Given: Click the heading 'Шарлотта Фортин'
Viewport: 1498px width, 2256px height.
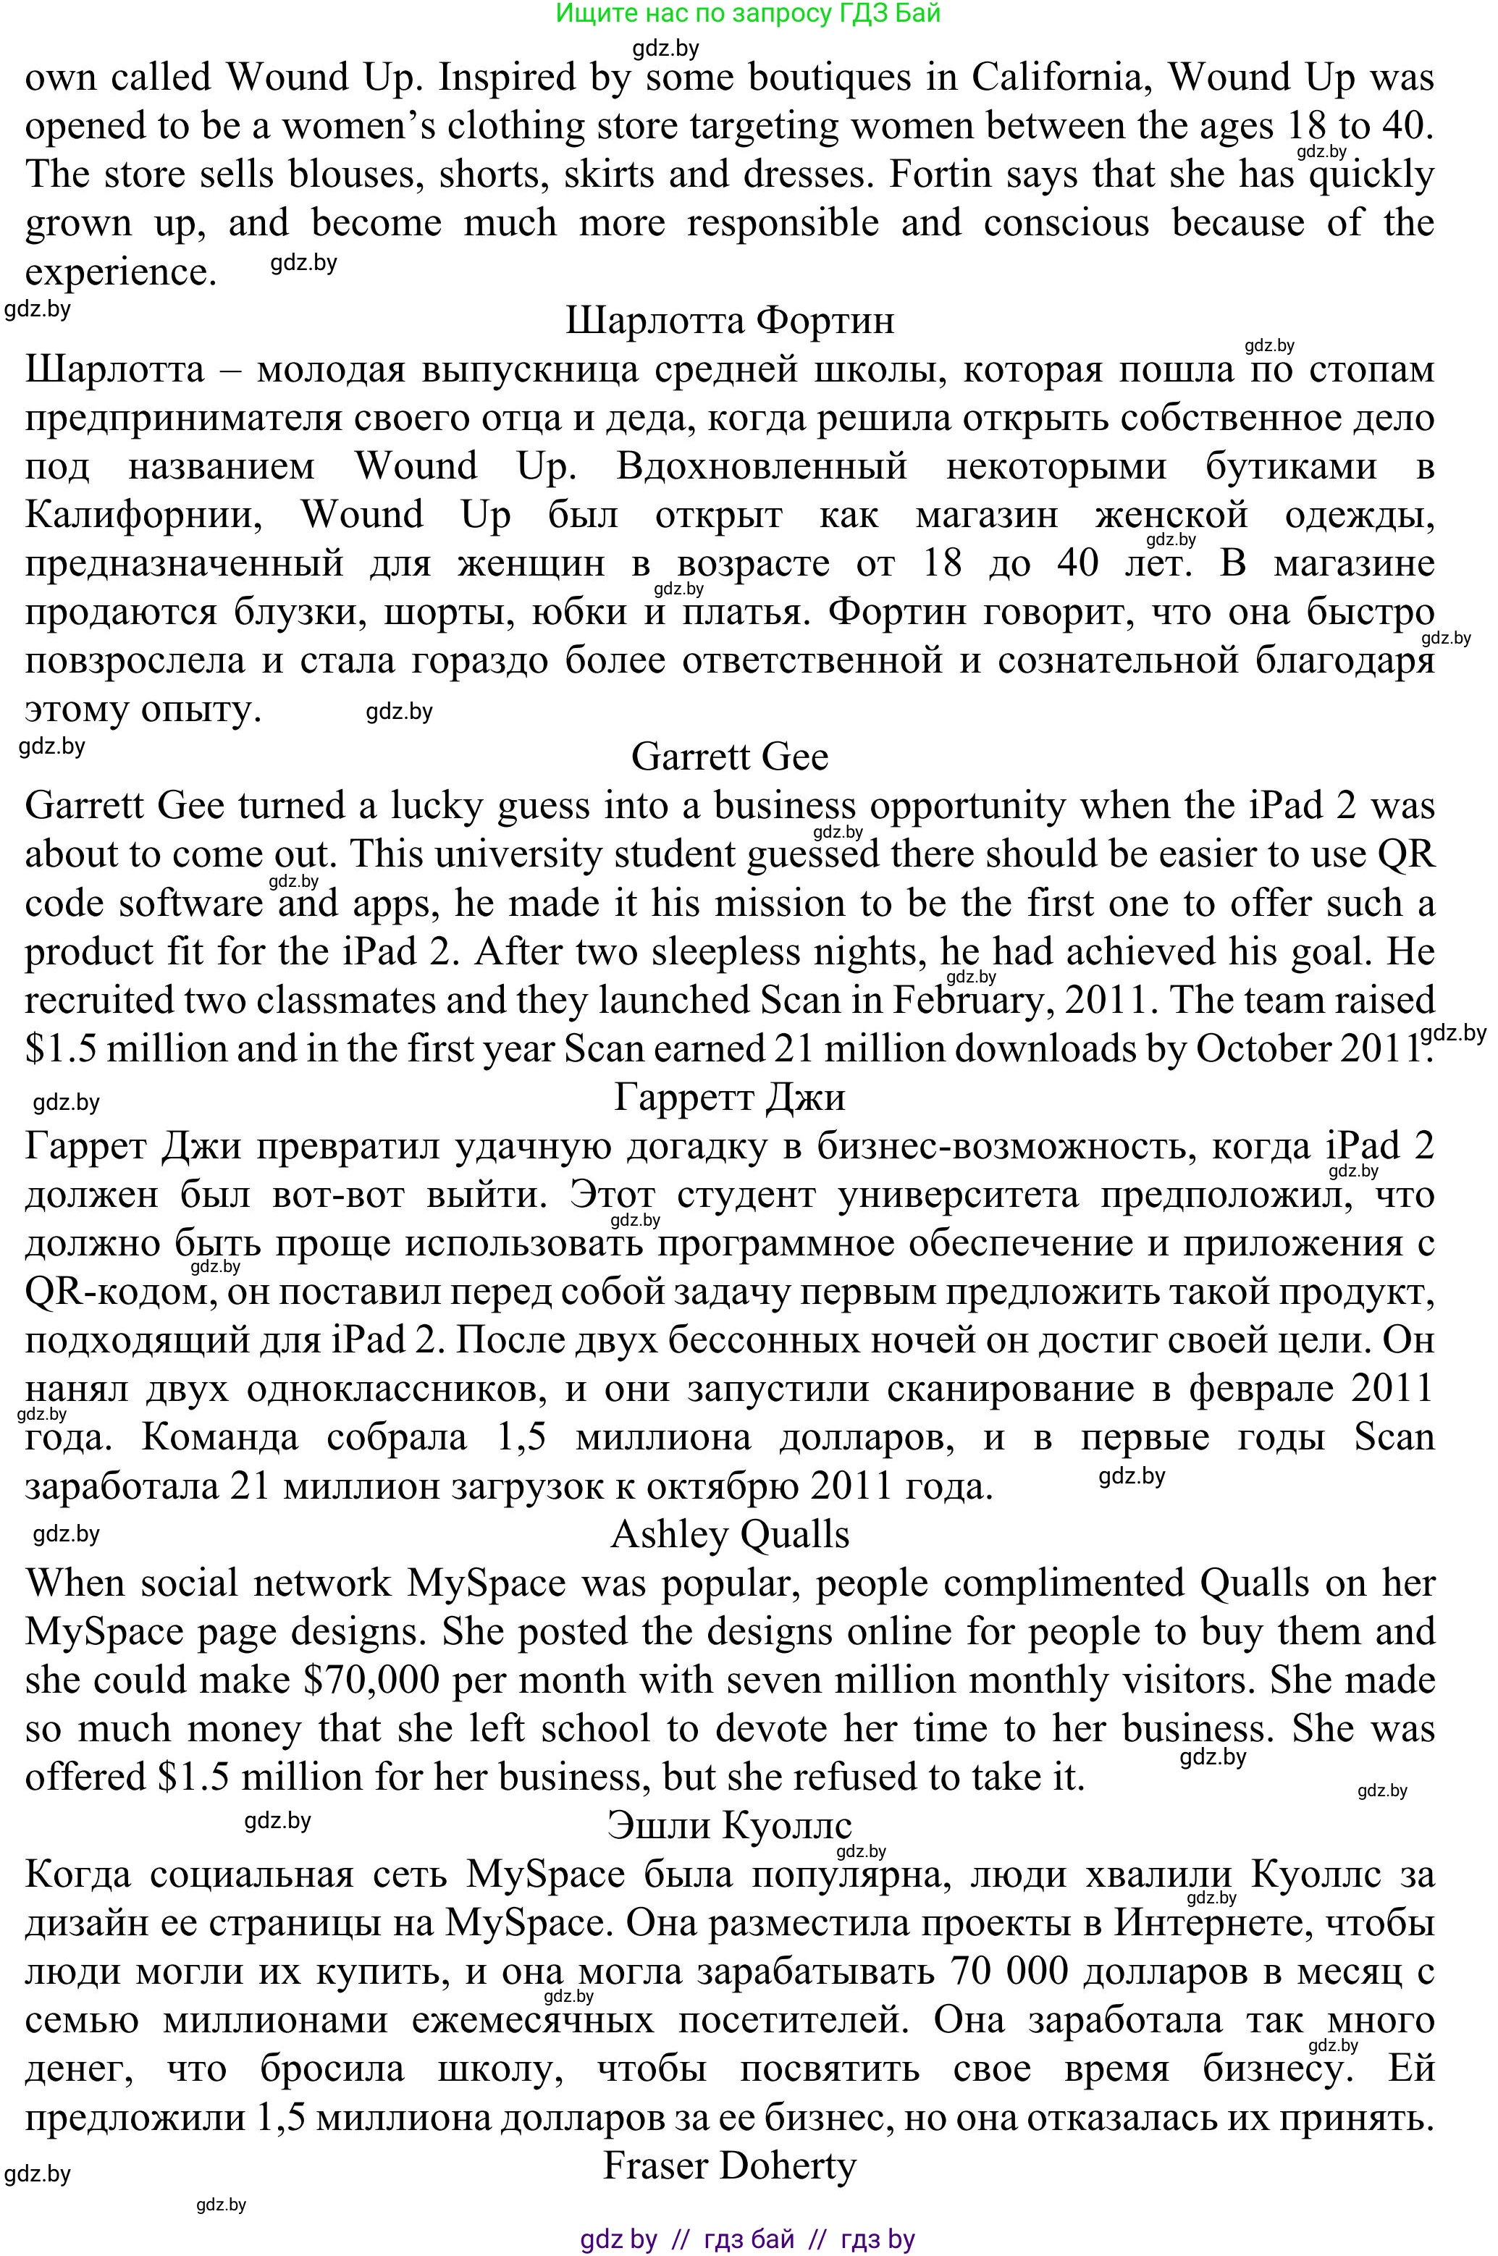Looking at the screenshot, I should pyautogui.click(x=730, y=320).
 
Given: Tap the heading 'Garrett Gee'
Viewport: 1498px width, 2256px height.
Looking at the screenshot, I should pyautogui.click(x=730, y=757).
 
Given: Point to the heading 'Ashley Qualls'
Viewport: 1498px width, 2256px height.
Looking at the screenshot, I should pyautogui.click(x=730, y=1534).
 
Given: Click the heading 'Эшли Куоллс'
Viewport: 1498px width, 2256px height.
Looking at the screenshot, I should pyautogui.click(x=730, y=1825).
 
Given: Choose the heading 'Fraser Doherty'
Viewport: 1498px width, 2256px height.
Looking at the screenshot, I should pyautogui.click(x=730, y=2165).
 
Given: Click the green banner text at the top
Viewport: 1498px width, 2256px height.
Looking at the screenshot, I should pyautogui.click(x=748, y=13).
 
